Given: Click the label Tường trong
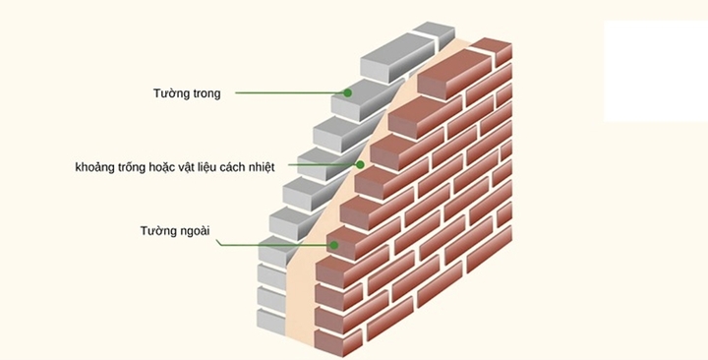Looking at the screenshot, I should pyautogui.click(x=188, y=93).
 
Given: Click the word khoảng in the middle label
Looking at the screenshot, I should pyautogui.click(x=97, y=165).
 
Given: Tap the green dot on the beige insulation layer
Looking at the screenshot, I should pyautogui.click(x=361, y=164).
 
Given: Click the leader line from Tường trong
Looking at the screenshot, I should pyautogui.click(x=290, y=93).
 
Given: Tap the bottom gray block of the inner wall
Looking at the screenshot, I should pyautogui.click(x=270, y=319).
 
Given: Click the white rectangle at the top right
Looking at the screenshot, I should pyautogui.click(x=655, y=71).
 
